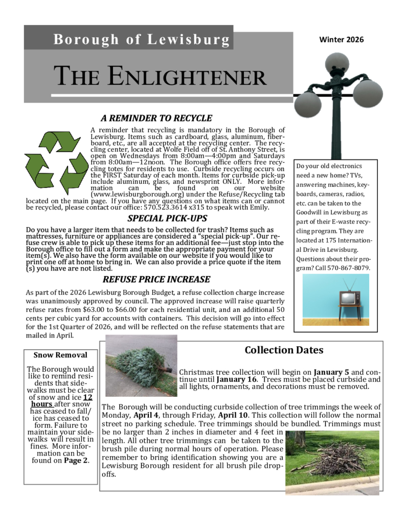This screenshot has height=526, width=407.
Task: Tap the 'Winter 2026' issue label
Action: point(341,39)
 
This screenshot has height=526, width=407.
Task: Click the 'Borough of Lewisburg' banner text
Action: point(141,39)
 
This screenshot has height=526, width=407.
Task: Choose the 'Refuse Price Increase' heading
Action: point(156,279)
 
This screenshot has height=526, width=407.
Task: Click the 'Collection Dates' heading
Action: point(284,350)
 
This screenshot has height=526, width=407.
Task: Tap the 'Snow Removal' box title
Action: point(60,355)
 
